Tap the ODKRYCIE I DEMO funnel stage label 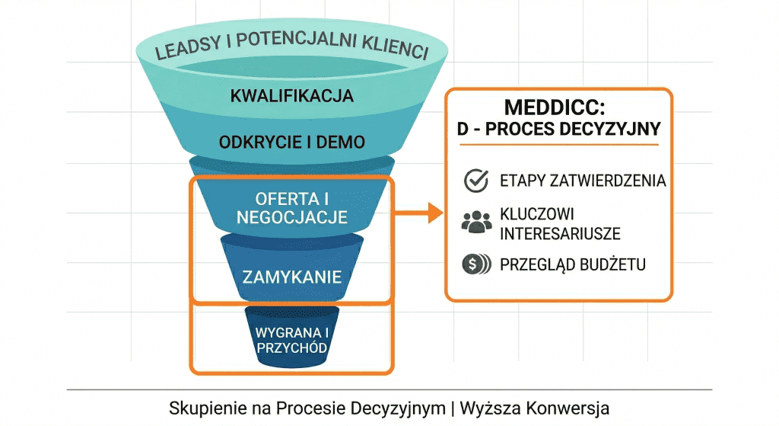[292, 143]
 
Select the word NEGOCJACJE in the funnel [292, 217]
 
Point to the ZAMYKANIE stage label [292, 276]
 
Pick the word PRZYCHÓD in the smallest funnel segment [292, 348]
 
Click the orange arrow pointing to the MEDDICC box [423, 213]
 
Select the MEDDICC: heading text [558, 107]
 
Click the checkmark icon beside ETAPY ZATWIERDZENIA [476, 181]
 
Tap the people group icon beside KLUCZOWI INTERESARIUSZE [476, 222]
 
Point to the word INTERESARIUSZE [560, 233]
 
